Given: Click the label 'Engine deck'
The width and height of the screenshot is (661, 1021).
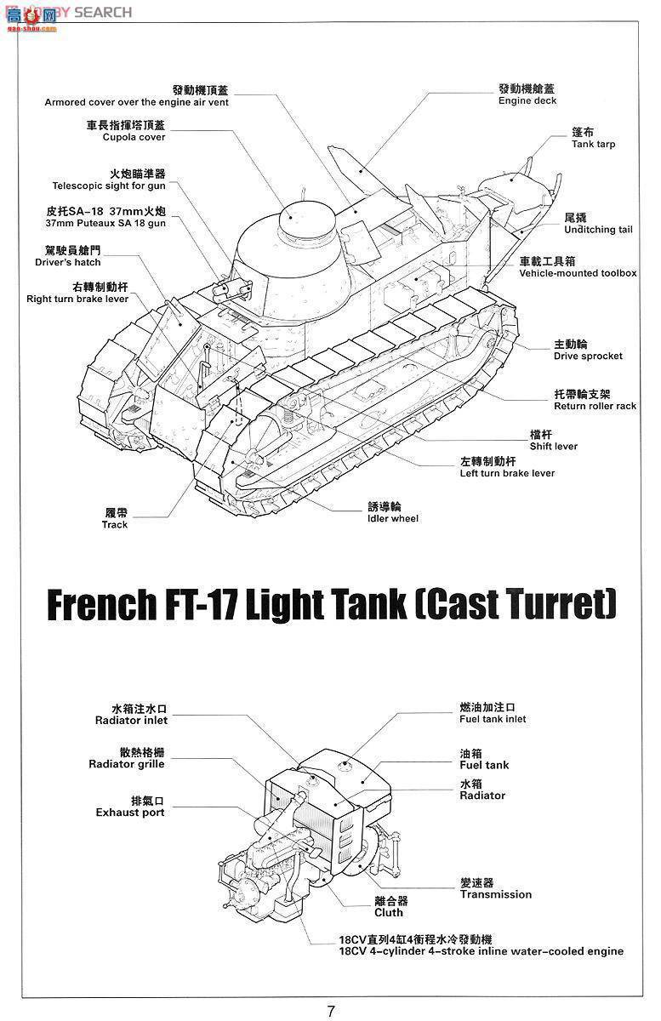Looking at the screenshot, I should [527, 100].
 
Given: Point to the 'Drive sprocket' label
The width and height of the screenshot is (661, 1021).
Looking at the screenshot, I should [588, 356].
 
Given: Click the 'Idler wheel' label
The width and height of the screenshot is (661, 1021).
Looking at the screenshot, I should [392, 518].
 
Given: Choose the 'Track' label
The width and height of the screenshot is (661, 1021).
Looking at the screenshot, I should [115, 525].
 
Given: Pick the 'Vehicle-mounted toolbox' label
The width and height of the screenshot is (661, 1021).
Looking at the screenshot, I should [578, 273].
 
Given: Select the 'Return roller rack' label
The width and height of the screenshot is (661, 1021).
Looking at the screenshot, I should [595, 406].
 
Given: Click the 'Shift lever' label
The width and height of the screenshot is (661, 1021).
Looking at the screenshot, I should [553, 446].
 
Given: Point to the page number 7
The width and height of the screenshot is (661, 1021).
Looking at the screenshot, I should [331, 1011].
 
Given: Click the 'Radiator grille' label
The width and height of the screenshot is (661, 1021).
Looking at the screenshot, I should [126, 764].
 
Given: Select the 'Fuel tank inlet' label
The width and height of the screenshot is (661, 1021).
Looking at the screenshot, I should [493, 719].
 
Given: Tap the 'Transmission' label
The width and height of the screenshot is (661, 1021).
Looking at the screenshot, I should [495, 894].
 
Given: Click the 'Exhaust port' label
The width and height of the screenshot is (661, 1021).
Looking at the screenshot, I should [129, 813].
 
